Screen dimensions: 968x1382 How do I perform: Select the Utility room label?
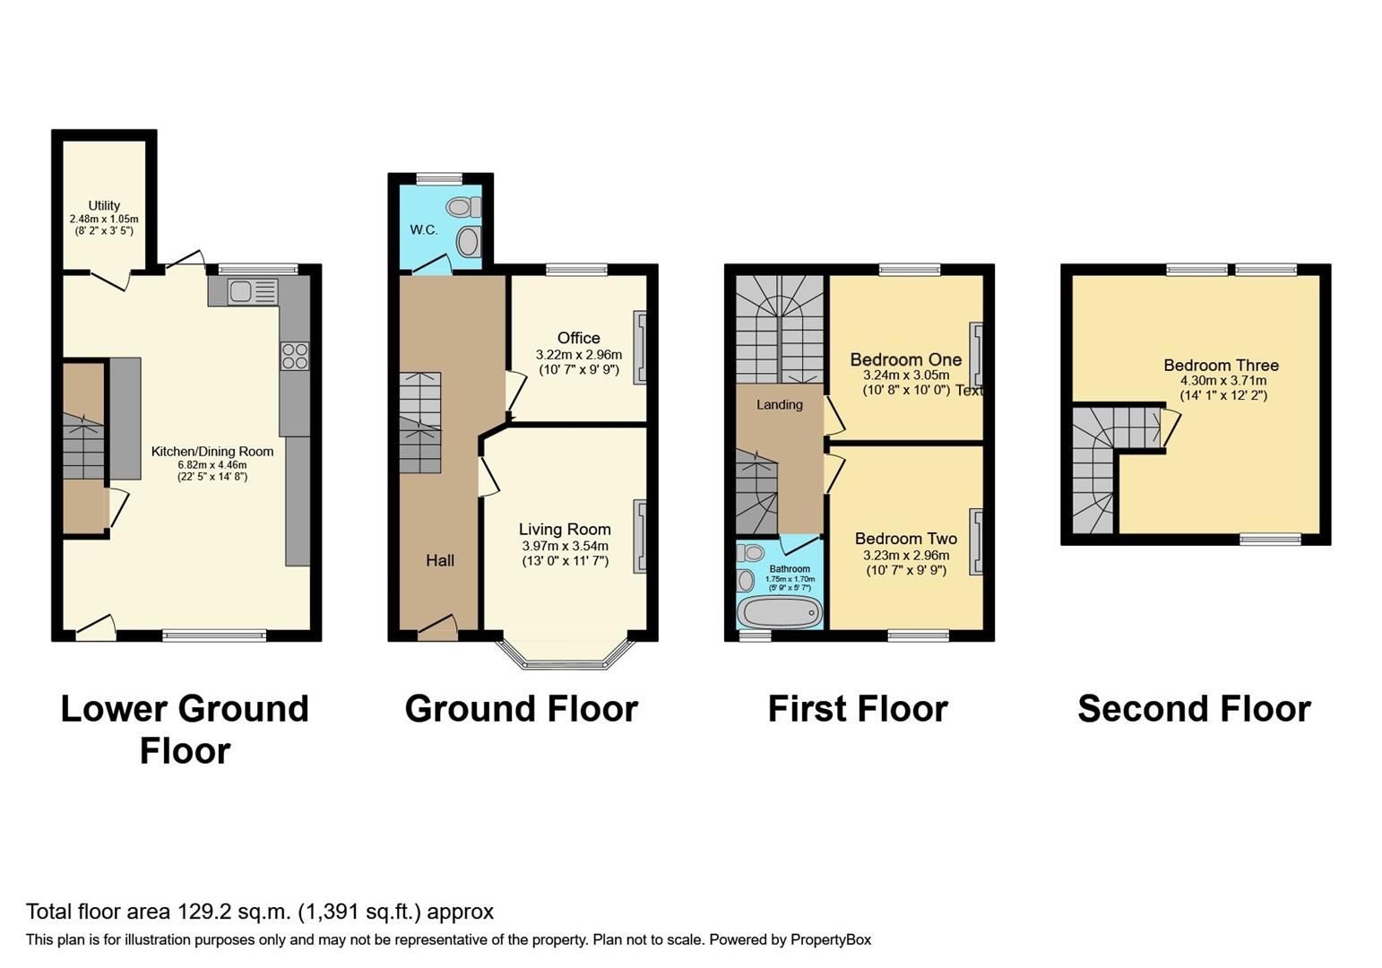click(104, 205)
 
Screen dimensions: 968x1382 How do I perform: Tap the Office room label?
click(578, 338)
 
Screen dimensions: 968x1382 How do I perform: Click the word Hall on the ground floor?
click(439, 560)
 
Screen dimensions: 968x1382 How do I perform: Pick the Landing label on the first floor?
click(779, 404)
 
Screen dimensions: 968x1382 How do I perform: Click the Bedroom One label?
click(905, 359)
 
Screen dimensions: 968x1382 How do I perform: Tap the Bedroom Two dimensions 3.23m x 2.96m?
click(906, 555)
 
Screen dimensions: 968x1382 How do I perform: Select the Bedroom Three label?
click(1221, 365)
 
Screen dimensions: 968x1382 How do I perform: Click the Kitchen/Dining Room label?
click(212, 451)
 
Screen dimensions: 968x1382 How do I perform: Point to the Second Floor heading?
click(1194, 709)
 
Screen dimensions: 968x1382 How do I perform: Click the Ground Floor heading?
click(521, 709)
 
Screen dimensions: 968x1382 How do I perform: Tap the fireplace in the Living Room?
click(640, 536)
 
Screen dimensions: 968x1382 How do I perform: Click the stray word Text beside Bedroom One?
click(969, 390)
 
